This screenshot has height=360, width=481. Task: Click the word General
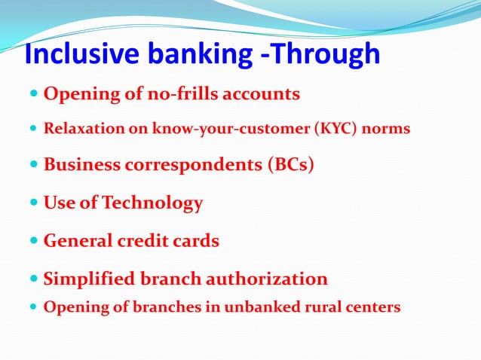78,241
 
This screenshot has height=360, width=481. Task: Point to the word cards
195,241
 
